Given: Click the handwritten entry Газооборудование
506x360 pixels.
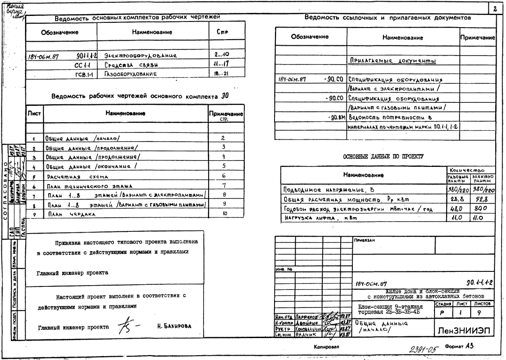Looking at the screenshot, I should pos(129,74).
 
